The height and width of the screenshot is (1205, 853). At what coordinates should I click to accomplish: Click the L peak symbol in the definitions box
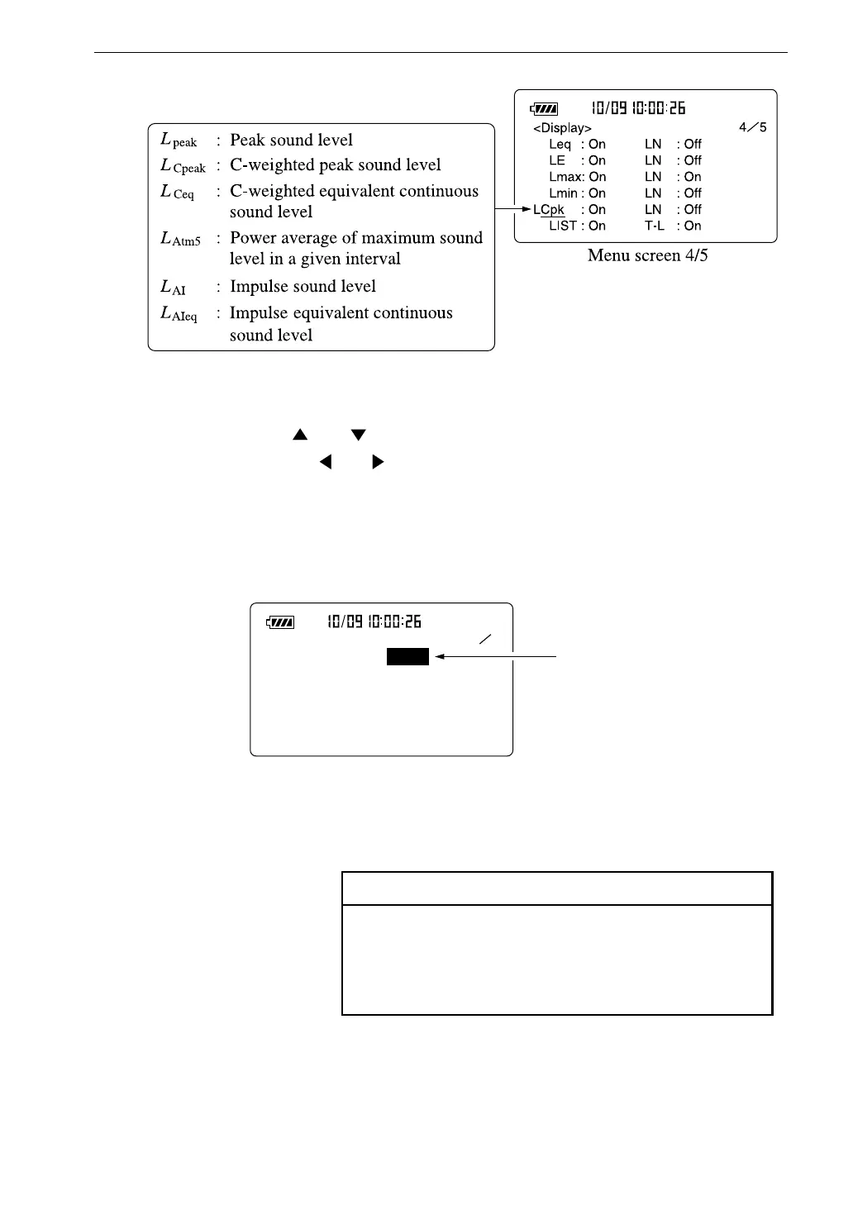click(x=179, y=140)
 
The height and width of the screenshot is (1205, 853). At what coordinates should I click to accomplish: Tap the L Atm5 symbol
click(x=180, y=239)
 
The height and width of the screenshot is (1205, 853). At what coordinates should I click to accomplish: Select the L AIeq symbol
click(x=179, y=313)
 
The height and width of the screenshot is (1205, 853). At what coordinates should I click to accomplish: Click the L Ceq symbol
click(x=177, y=192)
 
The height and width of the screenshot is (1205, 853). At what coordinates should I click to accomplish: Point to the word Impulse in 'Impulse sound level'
click(x=260, y=286)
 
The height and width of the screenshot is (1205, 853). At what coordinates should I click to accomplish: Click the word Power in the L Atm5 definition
click(x=253, y=238)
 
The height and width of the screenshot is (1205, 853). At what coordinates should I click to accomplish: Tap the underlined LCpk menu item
click(x=549, y=210)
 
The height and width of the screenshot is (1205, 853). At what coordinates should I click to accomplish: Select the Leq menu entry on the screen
click(x=560, y=145)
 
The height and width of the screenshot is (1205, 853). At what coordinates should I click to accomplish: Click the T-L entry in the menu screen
click(x=655, y=226)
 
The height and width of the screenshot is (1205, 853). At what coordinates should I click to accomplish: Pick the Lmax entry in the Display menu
click(x=566, y=177)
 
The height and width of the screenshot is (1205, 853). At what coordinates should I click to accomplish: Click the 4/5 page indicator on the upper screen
click(x=752, y=127)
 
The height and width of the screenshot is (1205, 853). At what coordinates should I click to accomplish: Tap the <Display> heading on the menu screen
click(x=562, y=128)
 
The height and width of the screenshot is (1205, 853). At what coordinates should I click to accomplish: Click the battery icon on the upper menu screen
click(x=545, y=108)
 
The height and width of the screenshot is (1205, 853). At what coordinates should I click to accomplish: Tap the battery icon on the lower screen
click(x=280, y=622)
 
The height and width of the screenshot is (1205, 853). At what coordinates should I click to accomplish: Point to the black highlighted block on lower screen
click(x=407, y=656)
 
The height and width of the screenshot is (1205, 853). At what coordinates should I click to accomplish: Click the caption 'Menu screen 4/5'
click(x=647, y=255)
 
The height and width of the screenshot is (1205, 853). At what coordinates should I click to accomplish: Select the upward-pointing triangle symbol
click(x=300, y=435)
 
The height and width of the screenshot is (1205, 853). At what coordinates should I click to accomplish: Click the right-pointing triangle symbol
click(x=378, y=462)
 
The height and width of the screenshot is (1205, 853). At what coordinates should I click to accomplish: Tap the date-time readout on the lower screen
click(x=374, y=622)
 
